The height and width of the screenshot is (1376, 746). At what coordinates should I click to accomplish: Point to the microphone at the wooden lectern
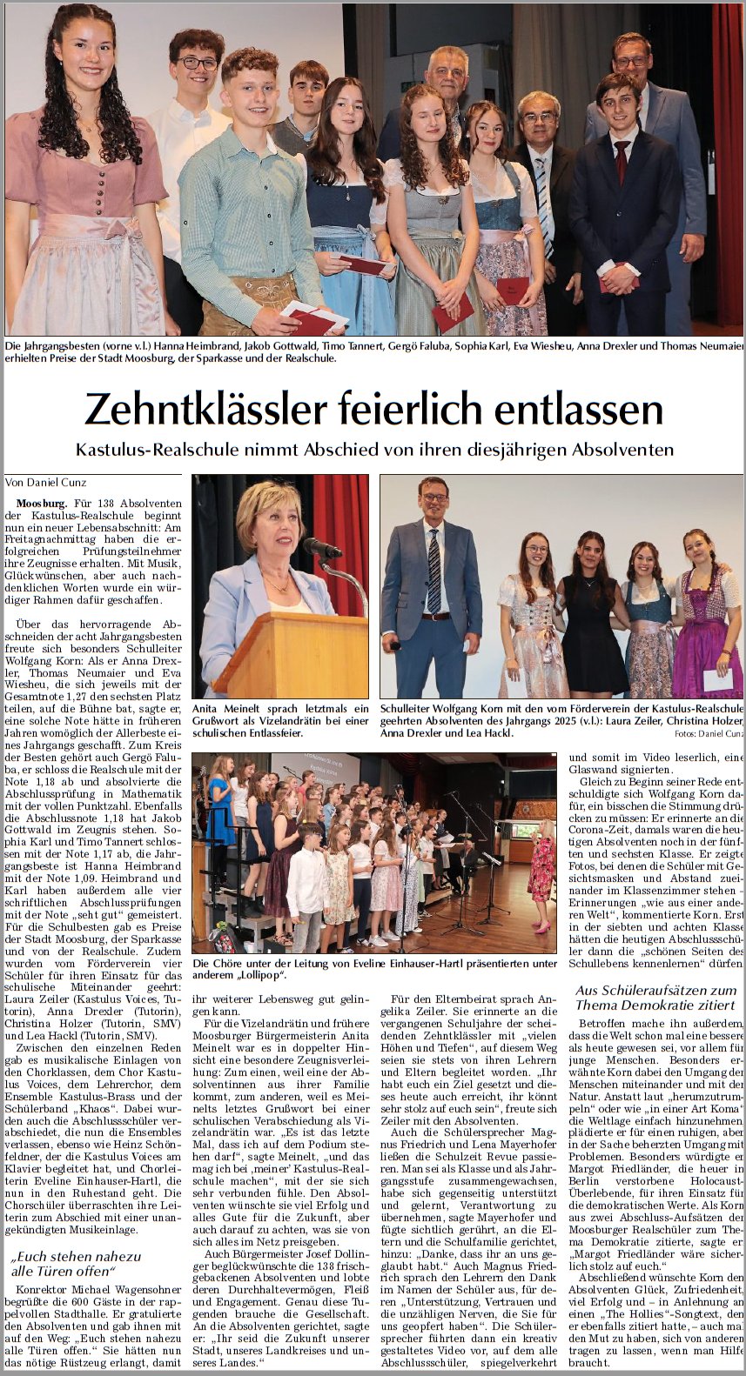(x=323, y=549)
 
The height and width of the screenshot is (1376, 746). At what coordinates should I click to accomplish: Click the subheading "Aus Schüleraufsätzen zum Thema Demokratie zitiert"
(x=656, y=998)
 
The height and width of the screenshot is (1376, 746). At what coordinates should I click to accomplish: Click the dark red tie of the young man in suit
(x=622, y=160)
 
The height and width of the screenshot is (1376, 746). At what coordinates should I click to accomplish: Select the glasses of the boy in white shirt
(x=198, y=63)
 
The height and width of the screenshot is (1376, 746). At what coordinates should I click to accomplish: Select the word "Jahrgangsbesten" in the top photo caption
(x=57, y=347)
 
